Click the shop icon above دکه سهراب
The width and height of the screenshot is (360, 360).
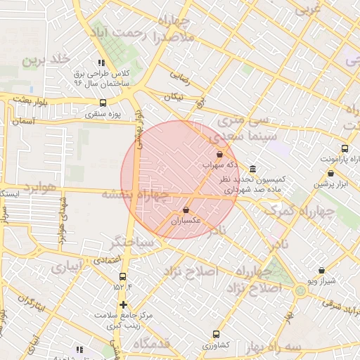[x=219, y=154]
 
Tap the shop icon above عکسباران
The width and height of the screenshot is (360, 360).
[x=186, y=210]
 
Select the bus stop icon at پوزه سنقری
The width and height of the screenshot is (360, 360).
[x=104, y=103]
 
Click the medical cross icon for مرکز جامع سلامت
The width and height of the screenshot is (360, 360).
[x=124, y=304]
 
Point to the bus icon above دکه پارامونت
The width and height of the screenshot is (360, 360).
[x=345, y=148]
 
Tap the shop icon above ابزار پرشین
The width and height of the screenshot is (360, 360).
[x=330, y=174]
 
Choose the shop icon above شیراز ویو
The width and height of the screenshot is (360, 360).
[x=322, y=270]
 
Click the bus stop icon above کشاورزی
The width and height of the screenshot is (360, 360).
[x=216, y=335]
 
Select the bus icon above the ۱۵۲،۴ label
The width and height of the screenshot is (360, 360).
[x=123, y=276]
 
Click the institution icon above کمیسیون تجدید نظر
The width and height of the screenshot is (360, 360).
[x=252, y=167]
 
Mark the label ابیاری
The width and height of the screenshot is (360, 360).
[x=65, y=267]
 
